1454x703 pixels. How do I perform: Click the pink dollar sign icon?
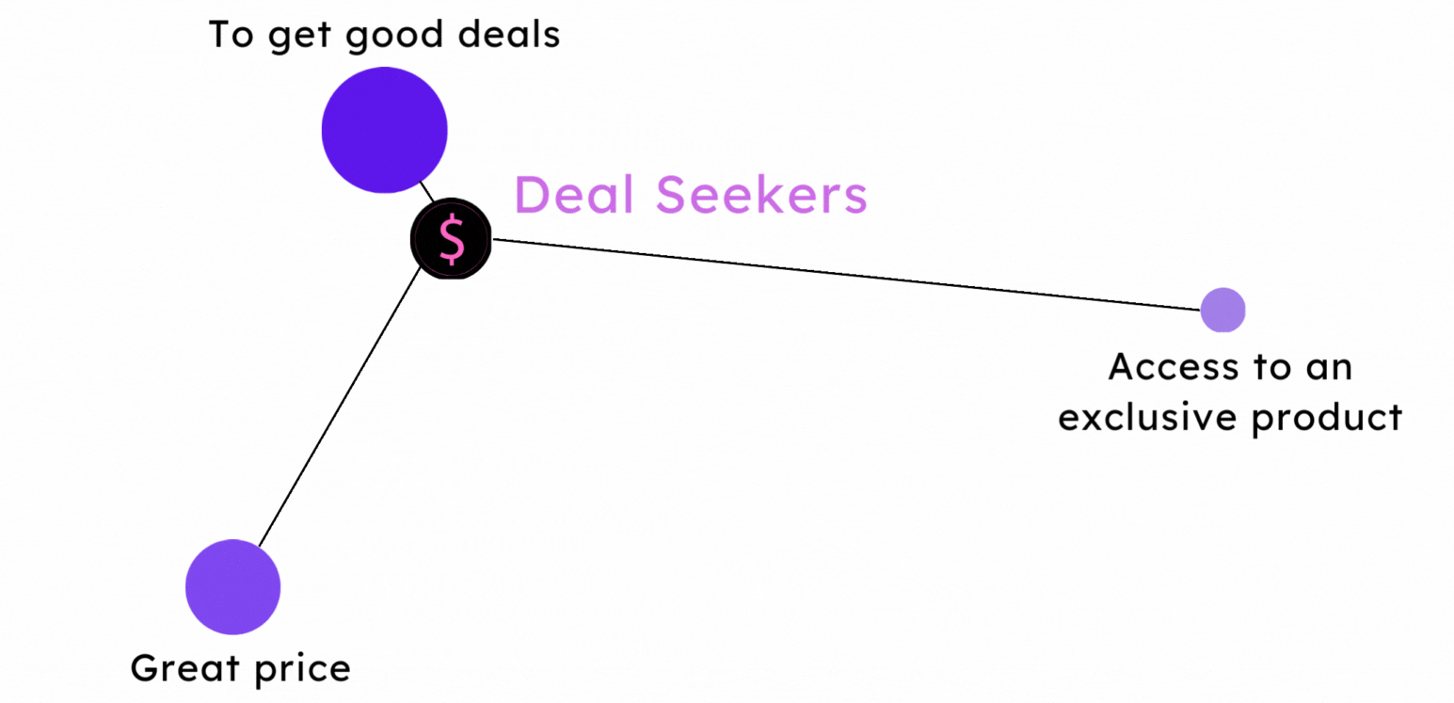pos(452,239)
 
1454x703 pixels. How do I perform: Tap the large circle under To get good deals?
pos(384,130)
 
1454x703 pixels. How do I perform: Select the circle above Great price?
pos(232,586)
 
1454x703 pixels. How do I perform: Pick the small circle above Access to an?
pos(1222,310)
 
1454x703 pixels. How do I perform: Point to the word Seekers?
pos(761,196)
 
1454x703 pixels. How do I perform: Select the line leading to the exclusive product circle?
pos(847,274)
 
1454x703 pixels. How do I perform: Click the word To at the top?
pos(229,35)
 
